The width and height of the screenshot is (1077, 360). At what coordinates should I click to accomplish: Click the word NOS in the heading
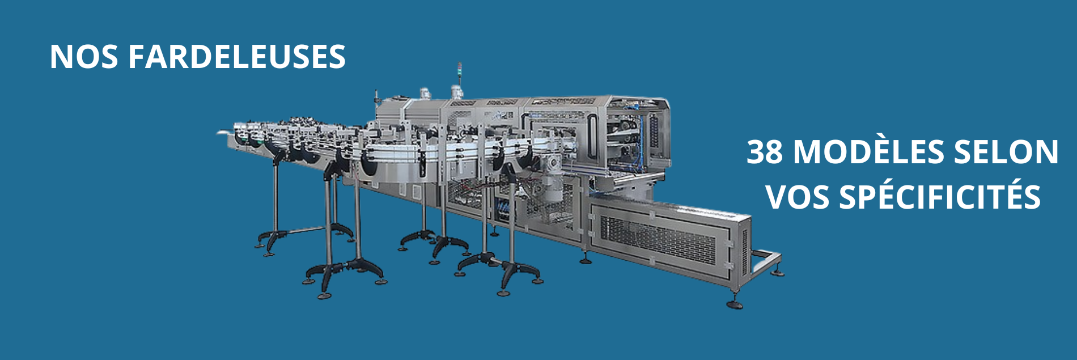(83, 57)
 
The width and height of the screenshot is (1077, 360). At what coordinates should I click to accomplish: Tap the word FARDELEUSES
(237, 57)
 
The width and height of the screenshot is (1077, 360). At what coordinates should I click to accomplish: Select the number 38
(765, 152)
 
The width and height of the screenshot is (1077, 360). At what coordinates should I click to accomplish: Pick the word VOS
(798, 197)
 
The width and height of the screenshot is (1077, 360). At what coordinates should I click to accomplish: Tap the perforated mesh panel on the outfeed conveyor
(658, 238)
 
